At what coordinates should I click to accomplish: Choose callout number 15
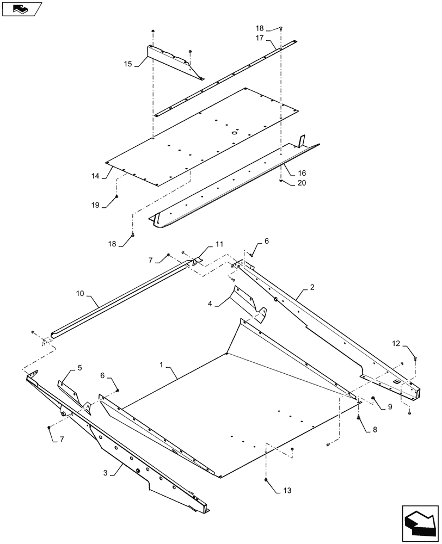(128, 64)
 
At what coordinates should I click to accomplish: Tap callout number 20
(301, 183)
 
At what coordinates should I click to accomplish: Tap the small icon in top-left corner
(22, 9)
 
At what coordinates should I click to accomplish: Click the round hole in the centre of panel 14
(235, 133)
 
